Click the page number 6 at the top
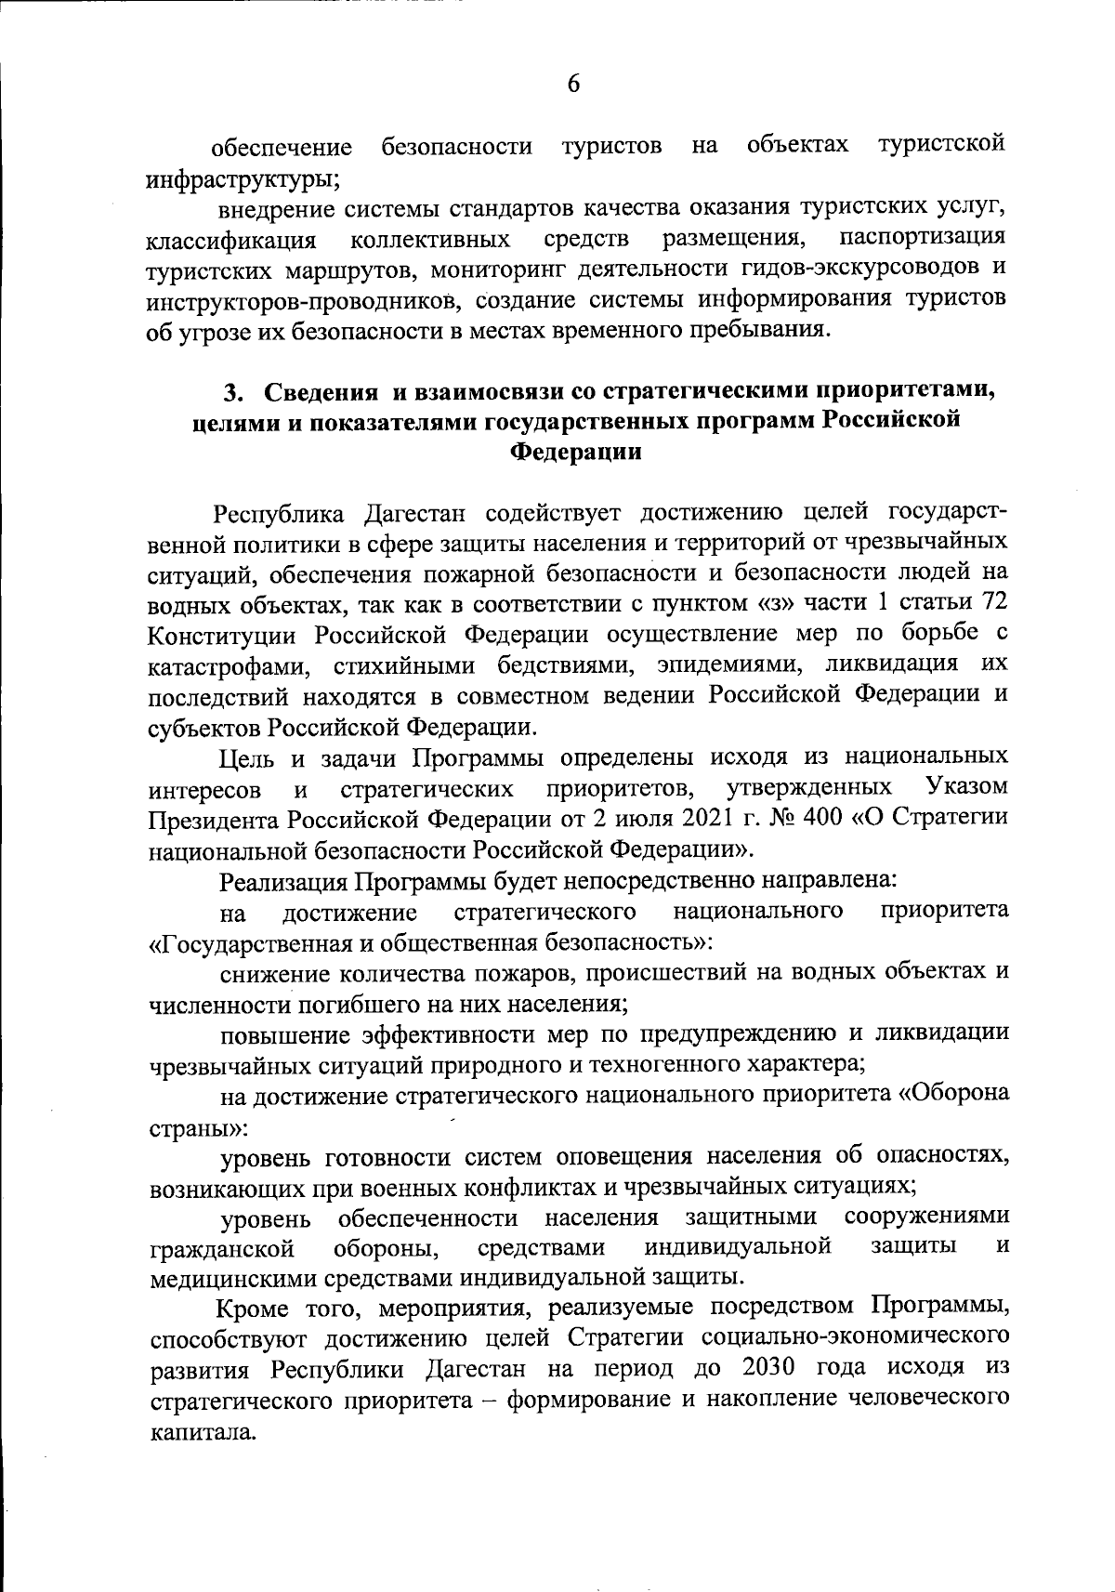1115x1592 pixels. pyautogui.click(x=573, y=85)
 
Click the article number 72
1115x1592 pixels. pyautogui.click(x=993, y=601)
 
